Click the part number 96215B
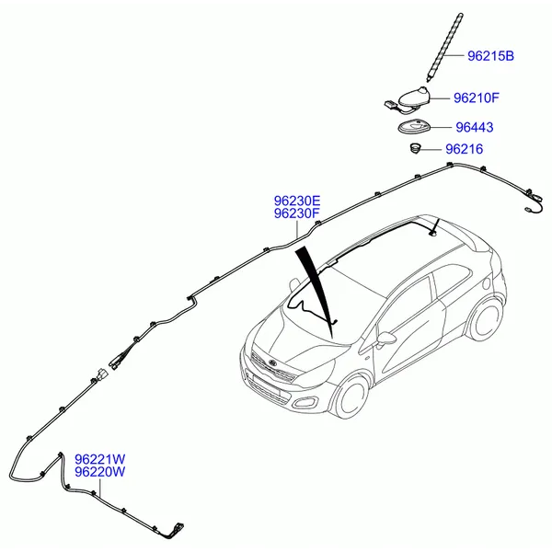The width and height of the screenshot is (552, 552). click(490, 56)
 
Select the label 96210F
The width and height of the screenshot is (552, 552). click(476, 98)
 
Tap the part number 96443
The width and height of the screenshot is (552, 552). click(475, 127)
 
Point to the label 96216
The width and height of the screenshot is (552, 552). click(464, 149)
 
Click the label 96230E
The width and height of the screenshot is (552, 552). click(297, 201)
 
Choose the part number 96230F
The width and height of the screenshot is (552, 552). click(297, 213)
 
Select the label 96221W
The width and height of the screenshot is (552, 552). click(100, 459)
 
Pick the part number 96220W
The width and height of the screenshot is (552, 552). click(100, 472)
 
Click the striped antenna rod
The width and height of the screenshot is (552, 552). click(445, 47)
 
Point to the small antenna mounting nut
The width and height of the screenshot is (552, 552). click(416, 148)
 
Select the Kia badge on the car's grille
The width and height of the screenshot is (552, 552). click(273, 363)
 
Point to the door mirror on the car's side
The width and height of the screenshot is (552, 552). click(385, 339)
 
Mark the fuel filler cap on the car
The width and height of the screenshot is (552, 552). click(486, 282)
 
